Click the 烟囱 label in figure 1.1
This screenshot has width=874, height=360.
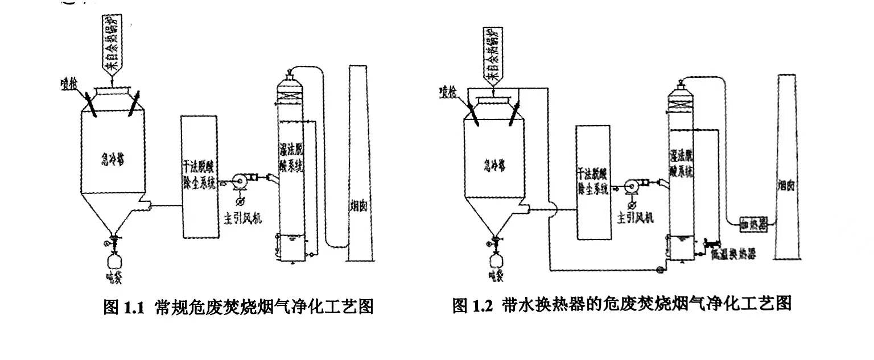point(360,207)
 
